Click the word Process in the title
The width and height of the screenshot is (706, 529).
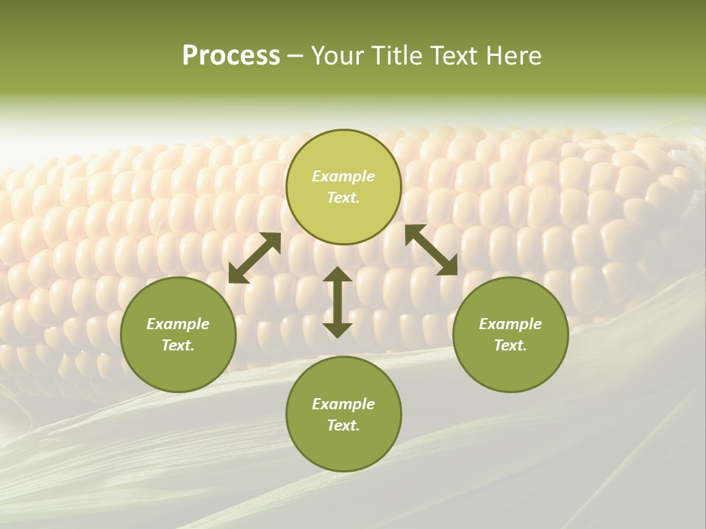pyautogui.click(x=231, y=55)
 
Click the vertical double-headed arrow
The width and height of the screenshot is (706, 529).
pyautogui.click(x=338, y=302)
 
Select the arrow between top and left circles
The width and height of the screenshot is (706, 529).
pyautogui.click(x=254, y=258)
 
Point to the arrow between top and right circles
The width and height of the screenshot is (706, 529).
pyautogui.click(x=432, y=250)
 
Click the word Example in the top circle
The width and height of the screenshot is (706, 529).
pyautogui.click(x=343, y=176)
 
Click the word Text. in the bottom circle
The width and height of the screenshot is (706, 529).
pyautogui.click(x=343, y=425)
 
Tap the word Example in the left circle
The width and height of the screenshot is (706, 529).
pyautogui.click(x=178, y=324)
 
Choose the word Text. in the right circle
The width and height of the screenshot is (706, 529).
pyautogui.click(x=510, y=345)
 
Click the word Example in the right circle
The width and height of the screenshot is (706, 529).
pyautogui.click(x=510, y=324)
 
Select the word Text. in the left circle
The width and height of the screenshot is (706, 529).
pyautogui.click(x=178, y=345)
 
